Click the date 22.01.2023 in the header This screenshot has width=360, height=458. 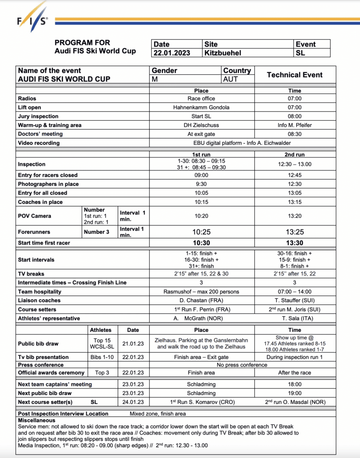pos(172,53)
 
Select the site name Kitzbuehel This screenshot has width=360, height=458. pos(223,53)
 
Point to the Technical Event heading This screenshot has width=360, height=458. pos(295,75)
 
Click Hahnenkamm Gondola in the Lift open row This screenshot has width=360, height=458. pos(201,107)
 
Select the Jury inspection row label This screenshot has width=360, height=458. pos(38,116)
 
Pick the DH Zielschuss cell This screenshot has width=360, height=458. pos(201,125)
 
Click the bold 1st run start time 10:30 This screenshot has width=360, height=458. pos(201,243)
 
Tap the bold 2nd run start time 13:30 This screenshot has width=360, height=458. pos(295,243)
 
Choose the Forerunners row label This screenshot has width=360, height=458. pos(34,232)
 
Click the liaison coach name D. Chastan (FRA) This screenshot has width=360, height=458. pos(201,301)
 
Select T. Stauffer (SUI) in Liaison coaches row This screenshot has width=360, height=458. pos(295,301)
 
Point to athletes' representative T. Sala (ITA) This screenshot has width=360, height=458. pos(295,318)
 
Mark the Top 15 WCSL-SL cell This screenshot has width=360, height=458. pos(101,343)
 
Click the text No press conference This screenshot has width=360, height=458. pos(242,365)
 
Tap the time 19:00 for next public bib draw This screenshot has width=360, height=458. pos(295,393)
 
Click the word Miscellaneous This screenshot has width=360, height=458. pos(37,420)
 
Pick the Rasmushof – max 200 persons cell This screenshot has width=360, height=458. pos(201,292)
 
